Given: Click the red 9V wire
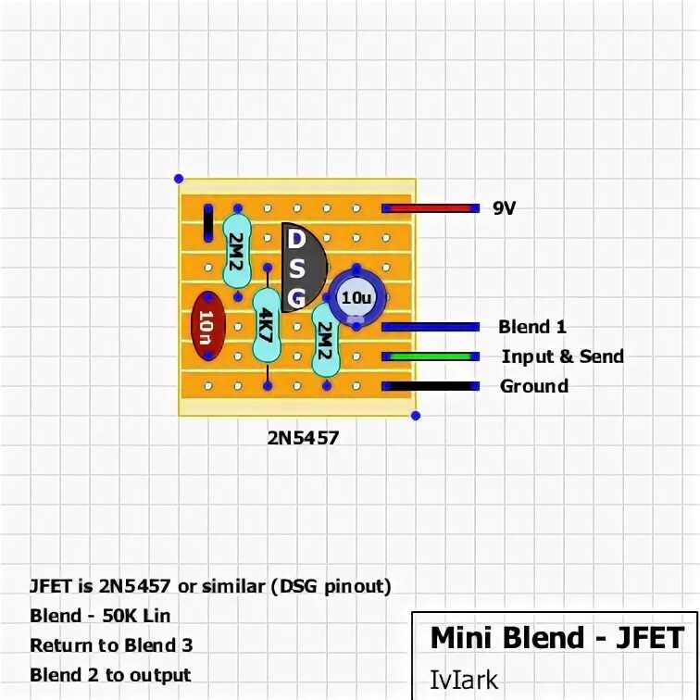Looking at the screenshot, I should (x=431, y=208).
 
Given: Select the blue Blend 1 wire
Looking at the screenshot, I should (x=431, y=326).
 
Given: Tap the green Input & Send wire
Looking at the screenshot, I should (x=431, y=356).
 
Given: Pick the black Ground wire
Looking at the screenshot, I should (x=431, y=385).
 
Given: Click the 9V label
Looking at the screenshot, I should (x=504, y=208).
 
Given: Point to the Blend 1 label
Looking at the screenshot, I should (x=531, y=326).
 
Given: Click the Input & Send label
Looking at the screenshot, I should (x=562, y=356).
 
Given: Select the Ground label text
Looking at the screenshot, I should (x=534, y=385).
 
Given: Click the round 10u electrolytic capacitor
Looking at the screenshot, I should (x=356, y=297).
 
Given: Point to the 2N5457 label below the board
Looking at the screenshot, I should (x=303, y=438).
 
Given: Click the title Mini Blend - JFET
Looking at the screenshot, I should (x=556, y=638).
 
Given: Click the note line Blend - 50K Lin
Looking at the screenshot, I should (x=100, y=616).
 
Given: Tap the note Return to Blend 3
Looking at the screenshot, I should (x=111, y=645).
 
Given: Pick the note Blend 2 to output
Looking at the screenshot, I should (x=110, y=675).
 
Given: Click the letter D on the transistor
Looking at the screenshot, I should (x=297, y=239).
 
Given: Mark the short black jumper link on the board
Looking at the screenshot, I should (x=207, y=222).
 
